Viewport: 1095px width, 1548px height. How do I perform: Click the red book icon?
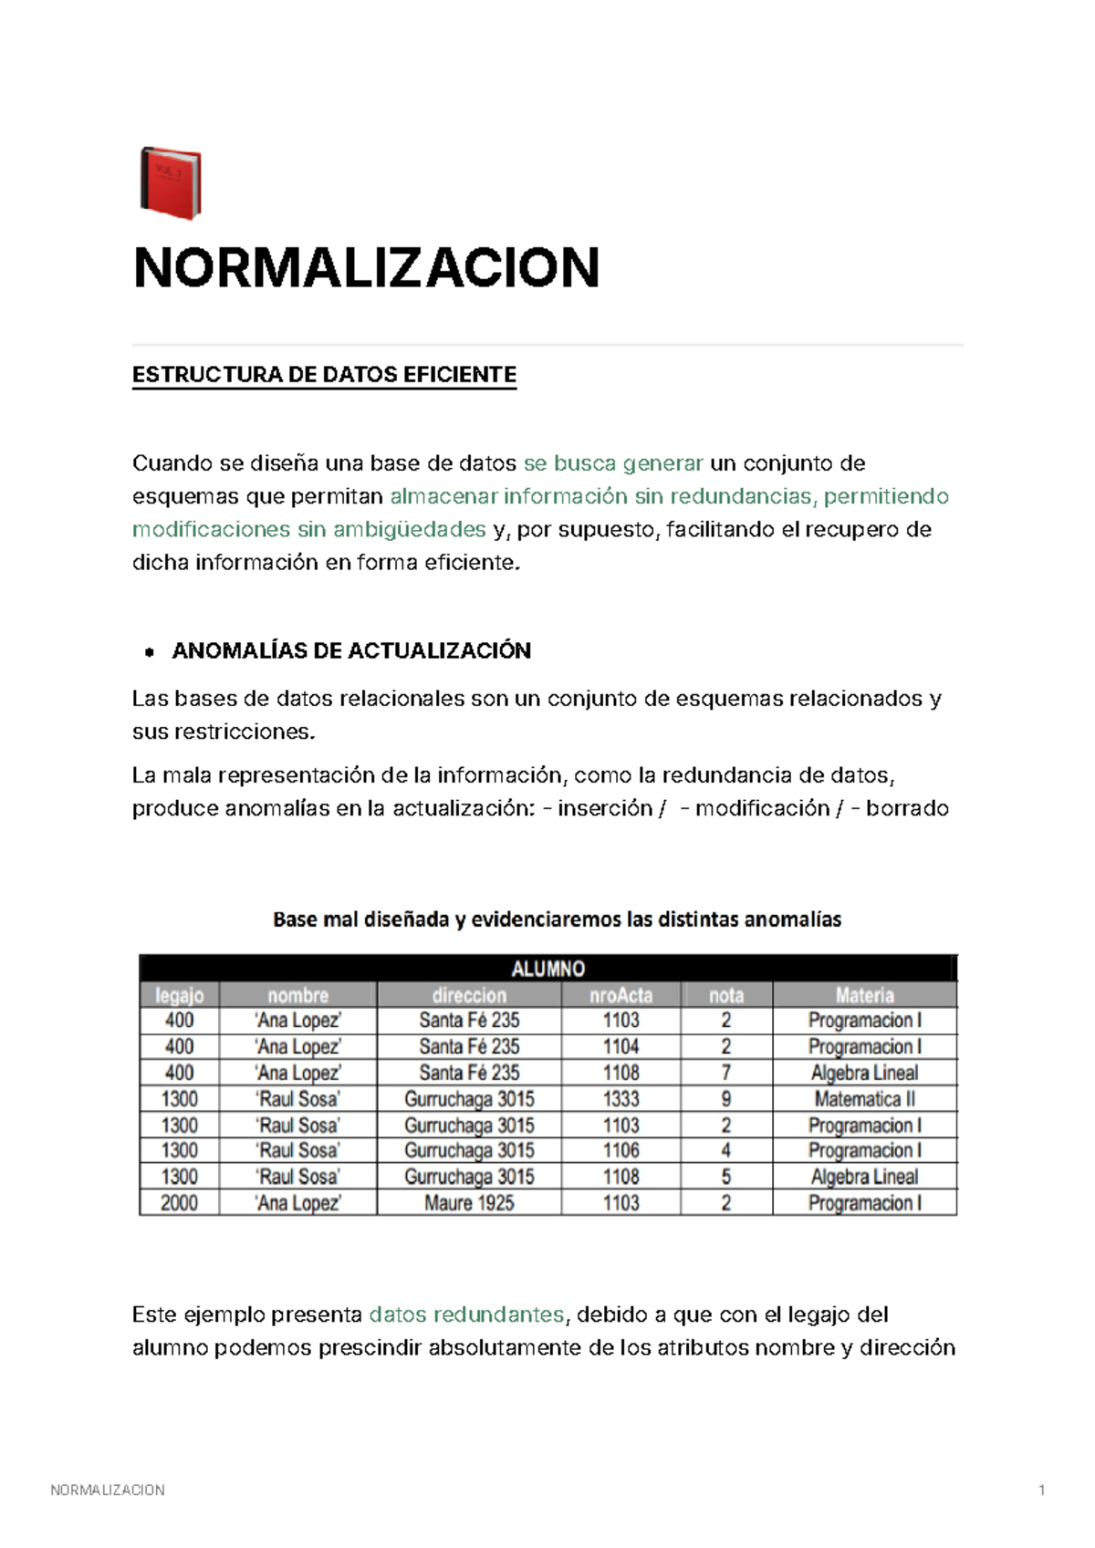[x=171, y=183]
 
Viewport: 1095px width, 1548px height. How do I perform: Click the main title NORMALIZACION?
[x=366, y=268]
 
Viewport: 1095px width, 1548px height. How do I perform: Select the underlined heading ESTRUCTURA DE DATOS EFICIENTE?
[x=324, y=375]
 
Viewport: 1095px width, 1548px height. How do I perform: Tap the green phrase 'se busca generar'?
[x=613, y=463]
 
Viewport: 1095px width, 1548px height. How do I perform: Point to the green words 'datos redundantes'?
[x=466, y=1314]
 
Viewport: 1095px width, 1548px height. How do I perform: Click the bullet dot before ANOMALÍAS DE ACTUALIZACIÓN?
[x=149, y=652]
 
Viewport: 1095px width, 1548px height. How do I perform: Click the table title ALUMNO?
[x=547, y=969]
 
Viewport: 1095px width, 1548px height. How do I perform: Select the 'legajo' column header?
[x=179, y=995]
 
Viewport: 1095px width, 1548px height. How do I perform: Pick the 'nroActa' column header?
[x=620, y=995]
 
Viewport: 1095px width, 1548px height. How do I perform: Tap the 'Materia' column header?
[x=864, y=995]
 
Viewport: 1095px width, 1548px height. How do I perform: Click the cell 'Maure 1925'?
[x=469, y=1203]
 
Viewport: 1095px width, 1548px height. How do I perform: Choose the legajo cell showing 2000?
[x=179, y=1203]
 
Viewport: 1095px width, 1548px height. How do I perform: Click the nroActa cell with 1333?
[x=620, y=1099]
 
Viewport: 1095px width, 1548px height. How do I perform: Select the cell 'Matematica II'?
[x=864, y=1099]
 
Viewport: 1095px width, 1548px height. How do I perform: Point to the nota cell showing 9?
[x=725, y=1099]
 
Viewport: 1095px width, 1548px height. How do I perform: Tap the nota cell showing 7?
[x=725, y=1073]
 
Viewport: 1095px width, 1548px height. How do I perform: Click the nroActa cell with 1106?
[x=620, y=1151]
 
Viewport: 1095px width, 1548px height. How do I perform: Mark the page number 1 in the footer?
[x=1041, y=1491]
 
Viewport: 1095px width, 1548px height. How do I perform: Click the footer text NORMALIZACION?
[x=108, y=1491]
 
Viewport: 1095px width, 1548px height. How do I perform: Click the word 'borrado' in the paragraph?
[x=907, y=808]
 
